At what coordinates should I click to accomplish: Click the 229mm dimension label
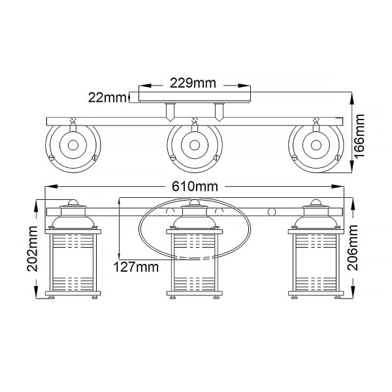click(193, 83)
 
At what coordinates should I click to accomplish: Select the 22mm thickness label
click(107, 97)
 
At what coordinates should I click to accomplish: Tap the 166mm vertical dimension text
click(359, 136)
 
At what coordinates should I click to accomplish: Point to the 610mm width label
click(195, 186)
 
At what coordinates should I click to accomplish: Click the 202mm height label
click(33, 249)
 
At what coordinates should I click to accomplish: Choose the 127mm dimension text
click(136, 267)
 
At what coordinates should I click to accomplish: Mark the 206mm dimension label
click(353, 248)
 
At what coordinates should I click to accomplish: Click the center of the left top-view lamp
click(73, 145)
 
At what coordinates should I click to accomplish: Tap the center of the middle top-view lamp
click(195, 145)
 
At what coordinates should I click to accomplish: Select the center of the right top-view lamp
click(316, 145)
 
